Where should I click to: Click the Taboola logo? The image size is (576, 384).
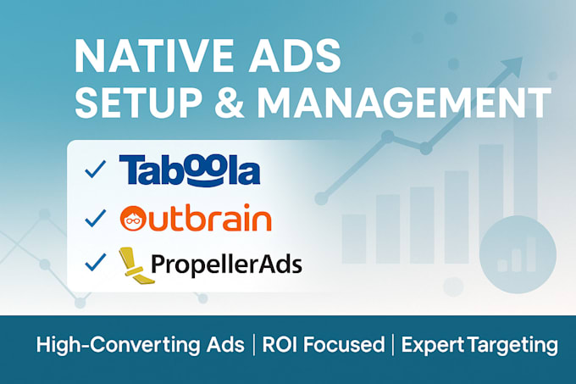190,170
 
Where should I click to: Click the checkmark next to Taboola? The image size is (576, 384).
94,170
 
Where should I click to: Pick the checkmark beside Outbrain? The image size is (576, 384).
94,218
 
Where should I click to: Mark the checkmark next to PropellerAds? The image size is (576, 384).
94,264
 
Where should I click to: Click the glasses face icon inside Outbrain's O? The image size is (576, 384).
136,218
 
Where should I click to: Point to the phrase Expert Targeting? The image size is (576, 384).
479,345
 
